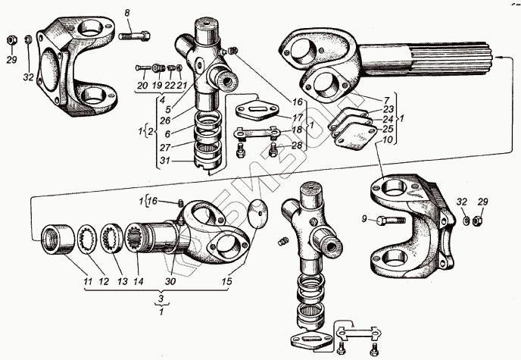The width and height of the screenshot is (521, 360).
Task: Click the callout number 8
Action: coord(127,12)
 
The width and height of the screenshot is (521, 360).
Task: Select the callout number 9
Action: coord(365,220)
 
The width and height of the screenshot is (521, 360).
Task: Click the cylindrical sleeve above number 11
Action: coord(57,238)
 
